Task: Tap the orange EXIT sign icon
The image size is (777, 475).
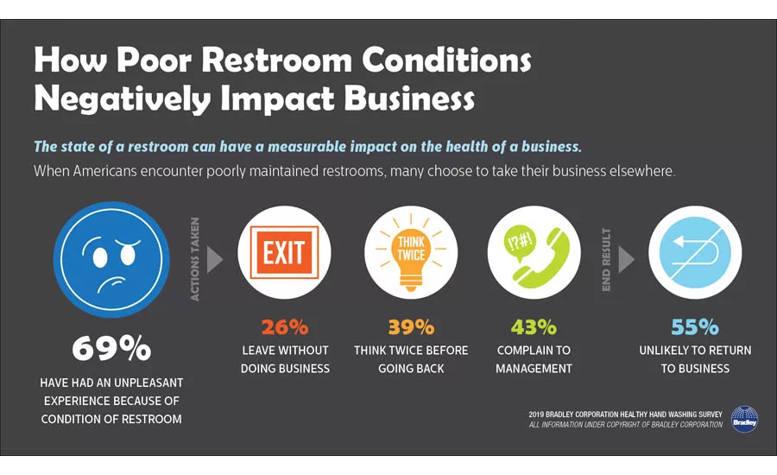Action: pos(284,252)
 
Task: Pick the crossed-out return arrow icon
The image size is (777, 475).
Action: pos(694,252)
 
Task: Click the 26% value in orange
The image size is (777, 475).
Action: pos(284,327)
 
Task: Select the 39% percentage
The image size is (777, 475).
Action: pos(411,327)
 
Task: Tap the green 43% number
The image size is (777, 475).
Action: pos(534,327)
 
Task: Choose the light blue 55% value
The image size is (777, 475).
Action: pos(695,327)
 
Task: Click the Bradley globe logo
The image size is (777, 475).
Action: pos(744,419)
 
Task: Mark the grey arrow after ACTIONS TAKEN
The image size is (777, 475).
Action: pos(215,259)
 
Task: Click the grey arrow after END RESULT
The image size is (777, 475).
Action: pos(628,259)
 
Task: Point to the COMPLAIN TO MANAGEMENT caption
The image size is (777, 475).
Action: pos(534,359)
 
